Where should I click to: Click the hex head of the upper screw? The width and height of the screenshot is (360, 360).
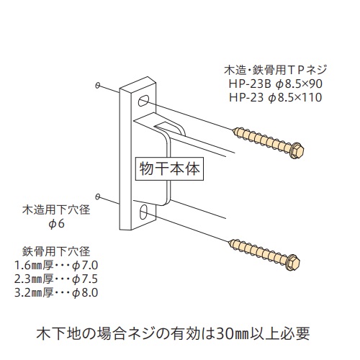point(297,150)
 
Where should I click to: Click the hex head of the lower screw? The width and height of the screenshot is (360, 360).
point(293,261)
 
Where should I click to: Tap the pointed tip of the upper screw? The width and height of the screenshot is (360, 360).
point(233,130)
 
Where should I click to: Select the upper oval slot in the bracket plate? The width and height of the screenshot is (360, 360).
point(143,101)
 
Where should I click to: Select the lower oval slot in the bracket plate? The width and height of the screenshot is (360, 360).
point(143,212)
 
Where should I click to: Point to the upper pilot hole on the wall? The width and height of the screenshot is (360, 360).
point(97,85)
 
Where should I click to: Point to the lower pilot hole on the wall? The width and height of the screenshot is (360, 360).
point(97,197)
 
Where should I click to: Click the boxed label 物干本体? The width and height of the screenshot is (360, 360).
point(169,168)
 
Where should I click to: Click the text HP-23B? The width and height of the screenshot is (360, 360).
point(250,84)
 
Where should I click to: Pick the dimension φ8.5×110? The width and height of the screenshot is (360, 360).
point(295,98)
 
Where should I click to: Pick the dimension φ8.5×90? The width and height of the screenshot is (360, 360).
point(299,84)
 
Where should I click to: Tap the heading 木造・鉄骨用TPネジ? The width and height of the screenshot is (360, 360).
point(276,71)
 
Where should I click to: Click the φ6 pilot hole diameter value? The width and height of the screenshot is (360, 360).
point(56,224)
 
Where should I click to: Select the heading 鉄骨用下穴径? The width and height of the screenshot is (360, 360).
point(56,251)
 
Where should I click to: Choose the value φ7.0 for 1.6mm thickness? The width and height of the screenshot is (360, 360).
point(85,265)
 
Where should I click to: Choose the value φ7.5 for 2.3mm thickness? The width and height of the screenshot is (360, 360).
point(85,279)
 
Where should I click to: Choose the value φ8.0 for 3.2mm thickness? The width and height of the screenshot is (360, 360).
point(85,293)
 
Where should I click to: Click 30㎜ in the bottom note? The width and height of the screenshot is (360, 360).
point(233,333)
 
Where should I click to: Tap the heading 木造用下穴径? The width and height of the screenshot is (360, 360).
point(56,210)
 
